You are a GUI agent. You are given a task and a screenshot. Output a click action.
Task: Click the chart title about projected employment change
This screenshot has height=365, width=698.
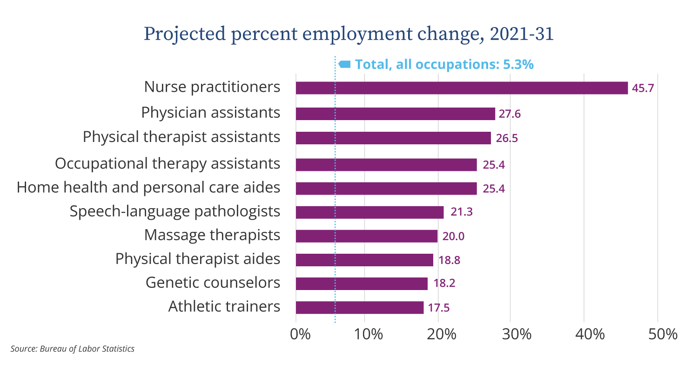[349, 34]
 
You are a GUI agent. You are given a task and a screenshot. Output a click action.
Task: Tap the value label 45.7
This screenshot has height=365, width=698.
[643, 88]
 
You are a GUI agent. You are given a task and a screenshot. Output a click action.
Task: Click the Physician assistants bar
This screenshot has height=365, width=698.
[395, 114]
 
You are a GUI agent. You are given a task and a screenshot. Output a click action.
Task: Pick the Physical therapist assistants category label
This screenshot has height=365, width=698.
[181, 137]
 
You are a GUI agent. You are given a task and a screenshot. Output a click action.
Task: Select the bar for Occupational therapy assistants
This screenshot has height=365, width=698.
[386, 165]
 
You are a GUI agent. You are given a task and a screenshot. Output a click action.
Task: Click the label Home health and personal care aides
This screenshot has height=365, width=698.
[148, 187]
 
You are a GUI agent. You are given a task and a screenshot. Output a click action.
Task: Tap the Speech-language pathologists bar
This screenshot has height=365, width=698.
[369, 212]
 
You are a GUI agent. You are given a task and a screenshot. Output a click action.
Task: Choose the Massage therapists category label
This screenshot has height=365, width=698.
[212, 235]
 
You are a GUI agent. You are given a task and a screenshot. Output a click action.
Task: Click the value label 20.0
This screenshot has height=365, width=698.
[453, 237]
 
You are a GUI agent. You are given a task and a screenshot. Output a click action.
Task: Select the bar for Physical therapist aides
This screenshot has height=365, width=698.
[364, 260]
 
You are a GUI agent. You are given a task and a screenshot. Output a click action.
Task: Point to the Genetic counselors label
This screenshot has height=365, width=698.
[213, 283]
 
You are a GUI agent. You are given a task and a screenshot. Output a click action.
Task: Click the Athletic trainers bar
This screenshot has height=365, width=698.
[360, 308]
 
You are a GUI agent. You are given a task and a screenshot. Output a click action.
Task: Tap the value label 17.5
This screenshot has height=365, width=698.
[439, 308]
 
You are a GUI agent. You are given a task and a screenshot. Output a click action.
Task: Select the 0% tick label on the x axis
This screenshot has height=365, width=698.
[300, 334]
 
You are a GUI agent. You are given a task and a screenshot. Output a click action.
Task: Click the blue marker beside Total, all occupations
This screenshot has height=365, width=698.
[344, 64]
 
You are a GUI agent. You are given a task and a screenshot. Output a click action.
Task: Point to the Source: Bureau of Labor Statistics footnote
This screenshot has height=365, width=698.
[72, 349]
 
